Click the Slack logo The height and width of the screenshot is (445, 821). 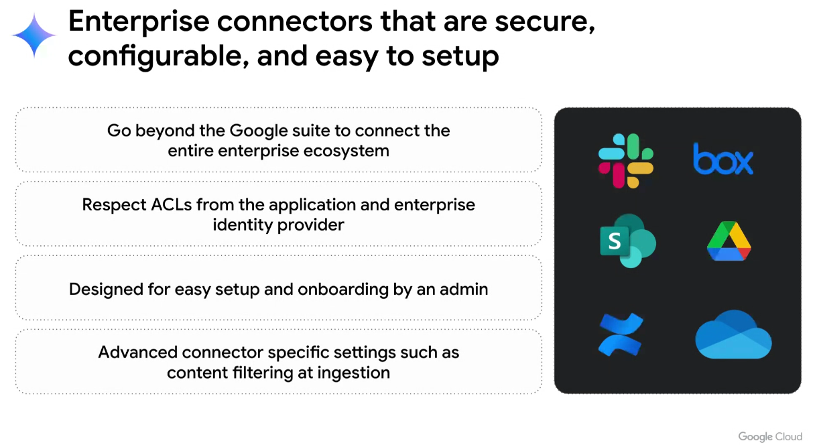tap(626, 161)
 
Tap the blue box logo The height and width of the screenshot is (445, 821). tap(723, 160)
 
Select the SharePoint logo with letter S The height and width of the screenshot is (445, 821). tap(627, 241)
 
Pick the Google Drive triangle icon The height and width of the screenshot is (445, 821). tap(729, 241)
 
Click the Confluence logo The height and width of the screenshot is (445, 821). tap(620, 334)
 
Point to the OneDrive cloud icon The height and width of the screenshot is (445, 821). tap(733, 334)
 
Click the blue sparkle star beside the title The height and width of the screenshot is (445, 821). tap(34, 36)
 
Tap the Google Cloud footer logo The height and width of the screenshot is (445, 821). tap(770, 436)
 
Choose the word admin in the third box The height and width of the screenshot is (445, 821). tap(464, 289)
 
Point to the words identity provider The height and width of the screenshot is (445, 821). tap(278, 225)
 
